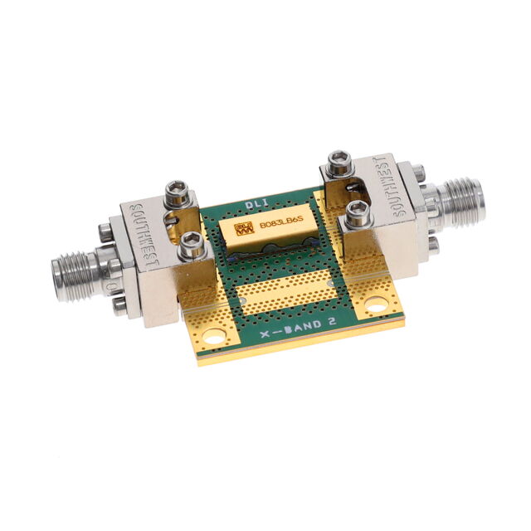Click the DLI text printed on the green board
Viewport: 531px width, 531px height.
coord(256,204)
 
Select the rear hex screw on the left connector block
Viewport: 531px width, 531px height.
coord(176,196)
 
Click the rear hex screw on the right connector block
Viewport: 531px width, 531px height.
coord(339,163)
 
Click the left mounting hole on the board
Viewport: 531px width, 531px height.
coord(215,337)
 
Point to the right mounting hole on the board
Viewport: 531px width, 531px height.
coord(376,304)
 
